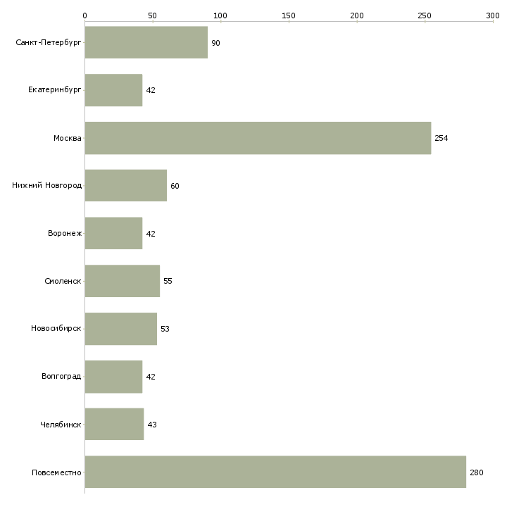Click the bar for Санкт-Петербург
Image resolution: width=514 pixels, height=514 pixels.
(146, 42)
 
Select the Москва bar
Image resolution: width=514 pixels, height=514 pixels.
(258, 138)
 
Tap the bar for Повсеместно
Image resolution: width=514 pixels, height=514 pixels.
(275, 472)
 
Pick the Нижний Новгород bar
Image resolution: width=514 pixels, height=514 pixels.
(126, 186)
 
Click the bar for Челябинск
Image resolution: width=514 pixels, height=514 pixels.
(114, 424)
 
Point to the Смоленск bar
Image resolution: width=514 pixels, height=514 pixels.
(123, 281)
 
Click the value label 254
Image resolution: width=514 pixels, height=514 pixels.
(441, 138)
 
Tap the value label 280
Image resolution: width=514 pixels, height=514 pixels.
(476, 472)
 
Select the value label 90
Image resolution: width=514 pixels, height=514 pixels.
(215, 43)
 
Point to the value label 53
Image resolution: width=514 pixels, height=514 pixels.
(165, 329)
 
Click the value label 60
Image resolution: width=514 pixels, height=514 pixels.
(175, 186)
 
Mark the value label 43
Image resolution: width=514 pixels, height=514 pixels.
(152, 425)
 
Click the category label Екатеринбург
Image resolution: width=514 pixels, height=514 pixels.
(54, 90)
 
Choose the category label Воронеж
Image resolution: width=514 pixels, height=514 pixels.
(65, 233)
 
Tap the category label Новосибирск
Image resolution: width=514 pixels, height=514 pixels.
(56, 328)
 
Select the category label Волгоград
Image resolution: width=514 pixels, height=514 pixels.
(61, 376)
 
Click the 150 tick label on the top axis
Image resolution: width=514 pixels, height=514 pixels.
(289, 15)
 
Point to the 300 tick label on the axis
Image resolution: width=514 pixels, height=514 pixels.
(493, 15)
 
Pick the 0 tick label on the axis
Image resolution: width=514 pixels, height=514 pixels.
(85, 15)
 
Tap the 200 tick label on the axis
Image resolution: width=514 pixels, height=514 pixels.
(357, 15)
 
